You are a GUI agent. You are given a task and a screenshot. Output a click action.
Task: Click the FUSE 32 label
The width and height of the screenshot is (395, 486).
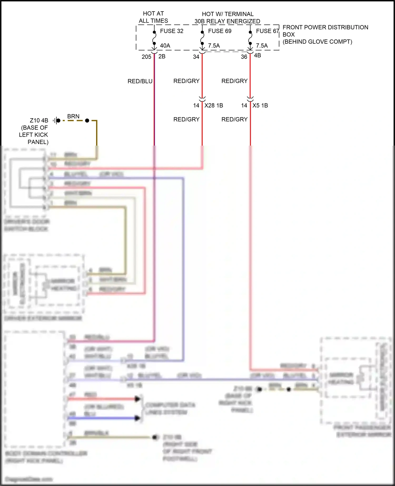[x=171, y=31]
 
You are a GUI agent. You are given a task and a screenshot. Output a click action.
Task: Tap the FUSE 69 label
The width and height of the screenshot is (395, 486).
[x=219, y=31]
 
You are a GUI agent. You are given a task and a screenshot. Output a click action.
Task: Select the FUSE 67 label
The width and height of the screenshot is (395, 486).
[x=267, y=31]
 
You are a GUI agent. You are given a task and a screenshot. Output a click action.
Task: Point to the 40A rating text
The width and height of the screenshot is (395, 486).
[x=165, y=46]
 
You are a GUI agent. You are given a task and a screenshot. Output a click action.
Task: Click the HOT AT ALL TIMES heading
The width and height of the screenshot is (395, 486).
[x=153, y=17]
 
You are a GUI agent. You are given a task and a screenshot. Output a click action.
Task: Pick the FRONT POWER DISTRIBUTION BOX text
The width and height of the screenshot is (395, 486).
[x=325, y=31]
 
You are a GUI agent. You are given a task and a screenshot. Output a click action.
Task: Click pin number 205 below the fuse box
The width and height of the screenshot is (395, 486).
[x=146, y=57]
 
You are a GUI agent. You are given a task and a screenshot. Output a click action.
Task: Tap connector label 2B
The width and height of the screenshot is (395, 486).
[x=162, y=56]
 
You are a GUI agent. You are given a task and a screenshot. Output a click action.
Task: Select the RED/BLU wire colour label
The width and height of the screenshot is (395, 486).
[x=140, y=81]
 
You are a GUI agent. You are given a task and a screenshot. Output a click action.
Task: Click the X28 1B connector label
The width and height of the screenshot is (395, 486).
[x=214, y=105]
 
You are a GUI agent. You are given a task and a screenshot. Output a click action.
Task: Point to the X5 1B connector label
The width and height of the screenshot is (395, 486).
[x=260, y=105]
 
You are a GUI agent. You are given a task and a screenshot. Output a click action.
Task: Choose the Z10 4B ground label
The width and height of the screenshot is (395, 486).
[x=39, y=120]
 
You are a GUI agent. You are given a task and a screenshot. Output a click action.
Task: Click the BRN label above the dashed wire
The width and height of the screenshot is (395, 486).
[x=73, y=116]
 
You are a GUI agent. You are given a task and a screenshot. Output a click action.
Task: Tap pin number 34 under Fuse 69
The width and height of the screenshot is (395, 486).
[x=196, y=57]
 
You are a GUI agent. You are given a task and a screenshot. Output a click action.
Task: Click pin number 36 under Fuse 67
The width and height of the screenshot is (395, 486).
[x=244, y=57]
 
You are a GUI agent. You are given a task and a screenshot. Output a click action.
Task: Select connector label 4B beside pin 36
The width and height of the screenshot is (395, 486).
[x=257, y=55]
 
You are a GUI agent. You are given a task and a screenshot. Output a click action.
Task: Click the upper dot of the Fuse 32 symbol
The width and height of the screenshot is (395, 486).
[x=154, y=32]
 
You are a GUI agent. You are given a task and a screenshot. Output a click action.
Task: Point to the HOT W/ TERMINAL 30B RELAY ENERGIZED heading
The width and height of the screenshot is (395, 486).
[x=228, y=17]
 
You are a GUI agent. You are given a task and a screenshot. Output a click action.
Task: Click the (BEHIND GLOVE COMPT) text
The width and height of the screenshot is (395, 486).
[x=317, y=42]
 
